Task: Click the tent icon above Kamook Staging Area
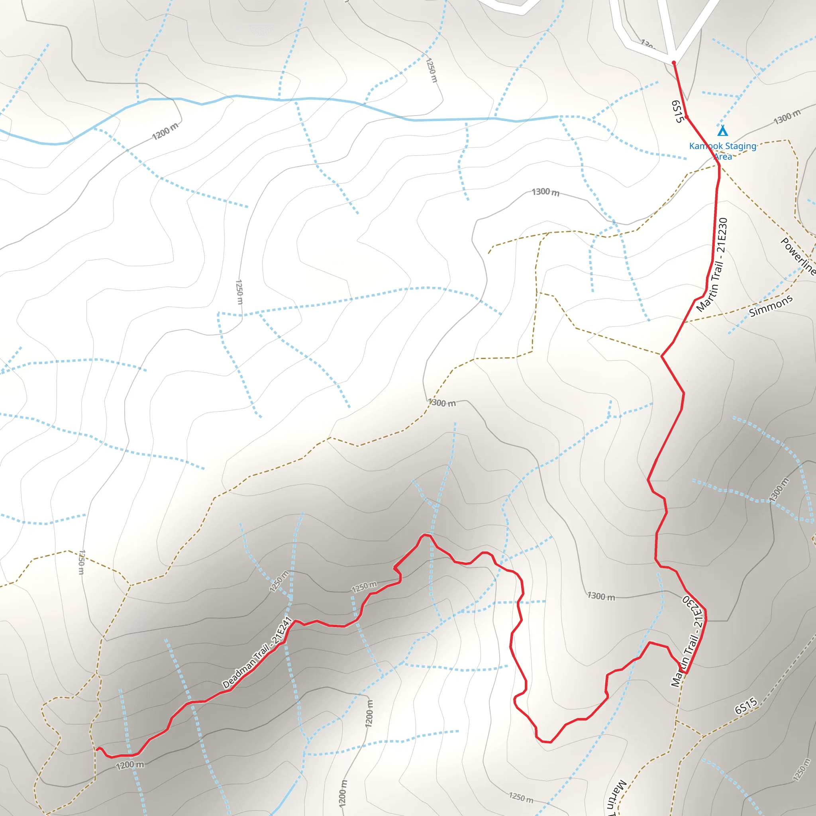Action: (x=723, y=131)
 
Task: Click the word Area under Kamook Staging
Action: (x=723, y=157)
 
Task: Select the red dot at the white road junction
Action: (x=674, y=63)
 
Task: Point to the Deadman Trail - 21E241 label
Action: (x=257, y=653)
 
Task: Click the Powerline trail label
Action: (x=797, y=256)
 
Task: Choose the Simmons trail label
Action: (x=771, y=306)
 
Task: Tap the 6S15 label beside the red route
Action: (x=677, y=111)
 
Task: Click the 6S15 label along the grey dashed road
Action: (x=746, y=706)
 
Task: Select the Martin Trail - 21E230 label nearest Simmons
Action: (x=712, y=265)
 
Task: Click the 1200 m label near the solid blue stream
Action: (x=165, y=131)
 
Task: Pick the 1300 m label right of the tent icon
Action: (x=787, y=117)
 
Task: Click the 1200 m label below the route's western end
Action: (x=129, y=765)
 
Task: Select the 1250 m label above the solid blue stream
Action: (x=431, y=70)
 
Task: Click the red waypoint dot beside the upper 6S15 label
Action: (x=687, y=117)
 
